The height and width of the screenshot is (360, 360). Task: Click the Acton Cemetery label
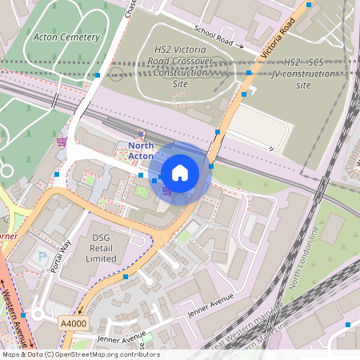tap(67, 37)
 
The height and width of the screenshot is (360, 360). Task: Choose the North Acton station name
tap(142, 150)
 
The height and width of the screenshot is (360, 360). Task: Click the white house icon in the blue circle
tap(180, 171)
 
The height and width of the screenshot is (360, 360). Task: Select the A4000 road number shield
tap(73, 322)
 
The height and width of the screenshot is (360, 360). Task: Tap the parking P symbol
tap(42, 258)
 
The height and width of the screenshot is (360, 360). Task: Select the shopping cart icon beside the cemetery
tap(61, 142)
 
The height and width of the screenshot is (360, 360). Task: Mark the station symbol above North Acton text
tap(142, 134)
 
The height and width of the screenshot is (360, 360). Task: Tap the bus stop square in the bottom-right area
tap(347, 325)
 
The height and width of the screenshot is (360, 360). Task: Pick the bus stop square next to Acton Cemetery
tap(98, 75)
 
